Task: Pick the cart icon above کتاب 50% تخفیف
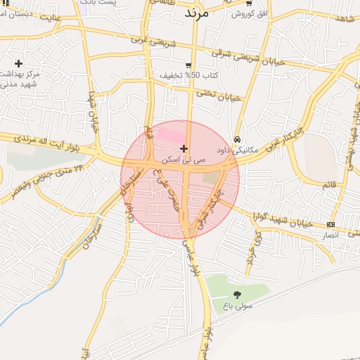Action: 188,65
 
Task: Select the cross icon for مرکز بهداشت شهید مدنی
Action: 18,63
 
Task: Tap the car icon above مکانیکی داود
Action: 238,139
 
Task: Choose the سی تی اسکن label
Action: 184,160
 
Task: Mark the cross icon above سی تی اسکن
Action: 184,148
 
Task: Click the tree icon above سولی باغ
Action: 236,295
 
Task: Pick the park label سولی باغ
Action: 237,306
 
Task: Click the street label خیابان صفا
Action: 91,112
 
